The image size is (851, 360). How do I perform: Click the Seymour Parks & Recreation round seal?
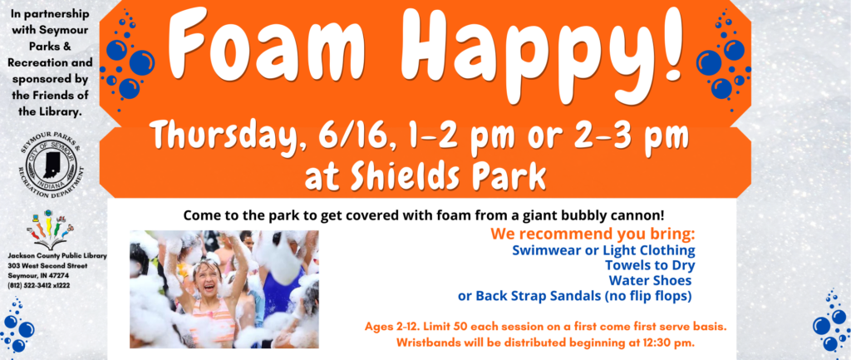pos(52,163)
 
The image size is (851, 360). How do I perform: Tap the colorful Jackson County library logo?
pos(50,229)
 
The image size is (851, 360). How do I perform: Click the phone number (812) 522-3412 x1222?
pos(38,285)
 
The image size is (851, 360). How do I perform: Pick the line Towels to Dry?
pos(650,265)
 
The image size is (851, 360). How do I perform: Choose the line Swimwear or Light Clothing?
pos(603,250)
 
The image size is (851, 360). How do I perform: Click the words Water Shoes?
pos(650,281)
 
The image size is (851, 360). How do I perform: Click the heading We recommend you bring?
pos(593,234)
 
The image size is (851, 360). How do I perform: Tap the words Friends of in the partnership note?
pos(57,96)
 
